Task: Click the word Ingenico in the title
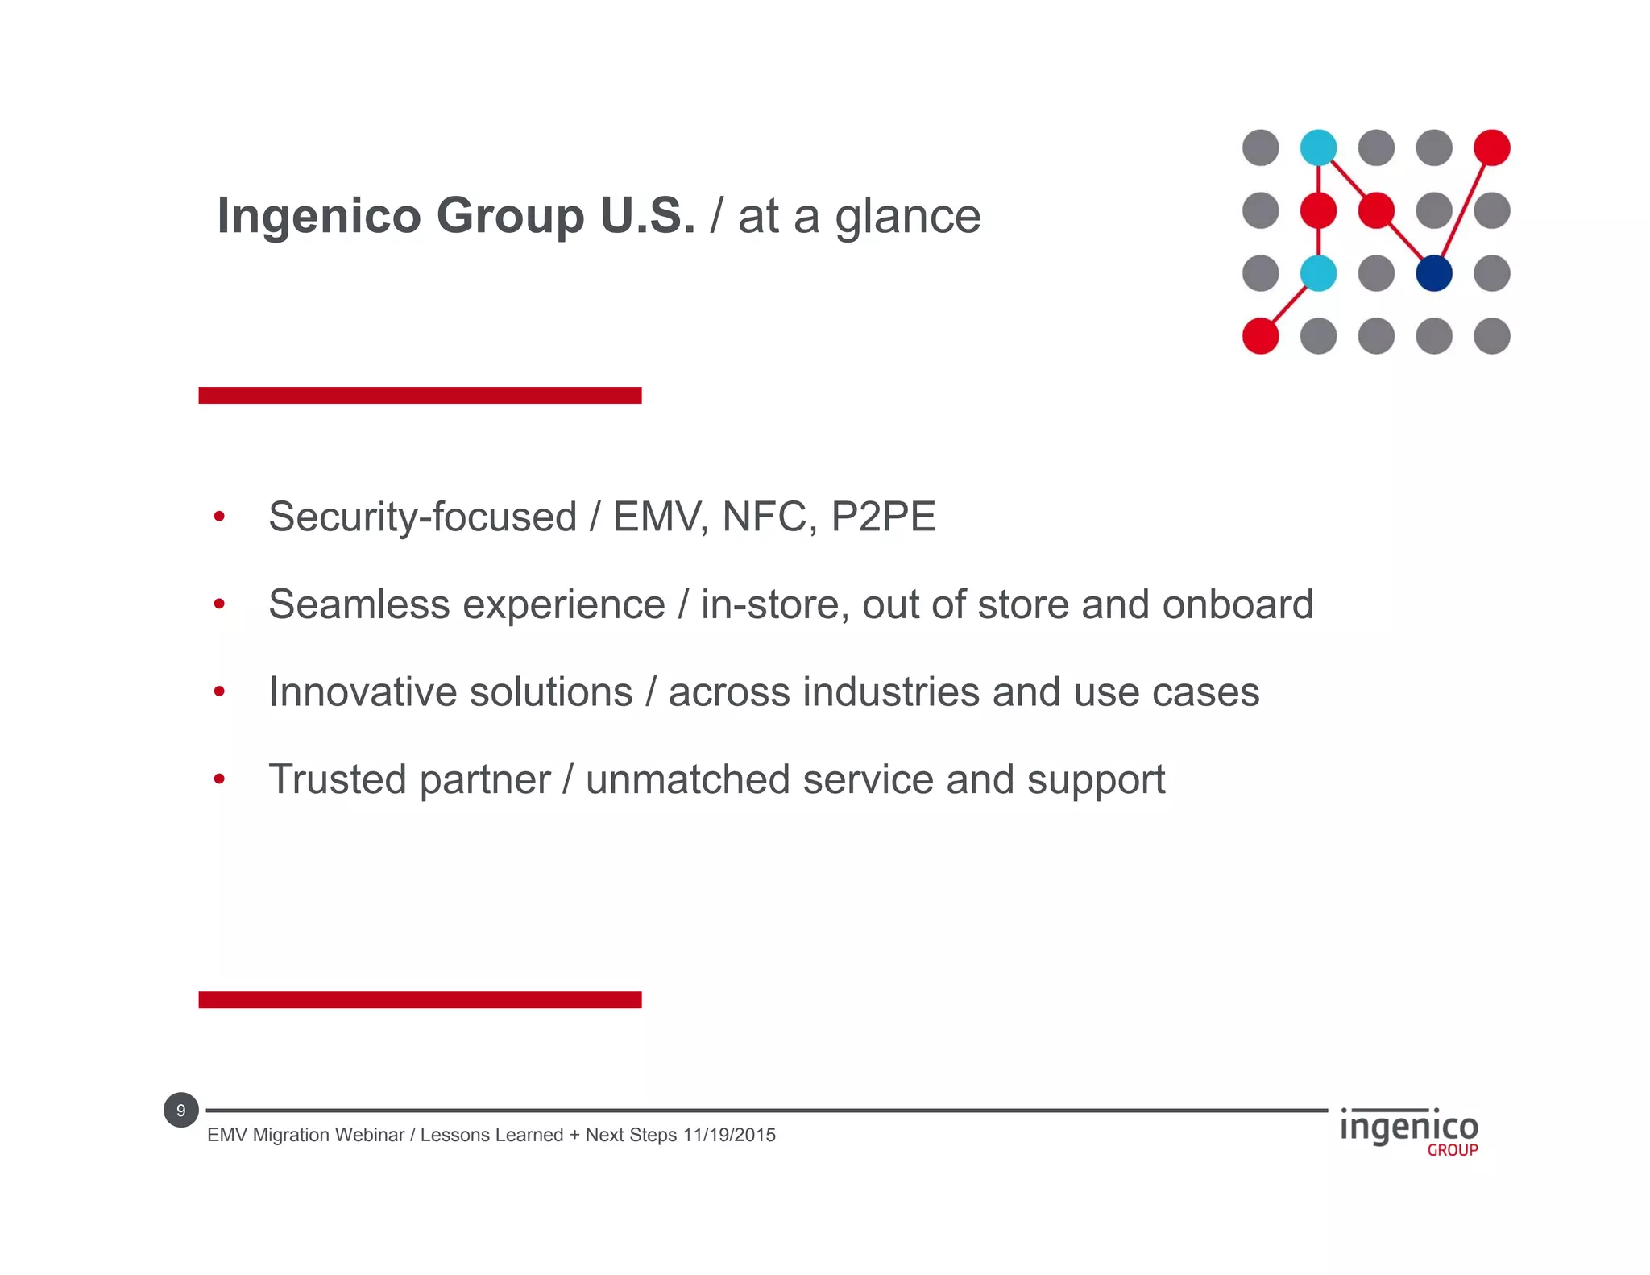(318, 216)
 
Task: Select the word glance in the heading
(907, 218)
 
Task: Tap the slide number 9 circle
(180, 1110)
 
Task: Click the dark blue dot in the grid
(1434, 273)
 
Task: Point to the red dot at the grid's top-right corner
(1491, 147)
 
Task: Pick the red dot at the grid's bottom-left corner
(1261, 335)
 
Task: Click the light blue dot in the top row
(1318, 147)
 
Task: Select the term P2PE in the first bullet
(883, 517)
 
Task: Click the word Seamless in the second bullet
(359, 604)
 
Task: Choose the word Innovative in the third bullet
(369, 692)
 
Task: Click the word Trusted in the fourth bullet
(337, 779)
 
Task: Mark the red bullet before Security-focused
(219, 517)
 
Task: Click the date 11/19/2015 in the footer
(729, 1135)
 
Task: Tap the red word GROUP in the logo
(1452, 1150)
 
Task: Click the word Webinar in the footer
(370, 1135)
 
